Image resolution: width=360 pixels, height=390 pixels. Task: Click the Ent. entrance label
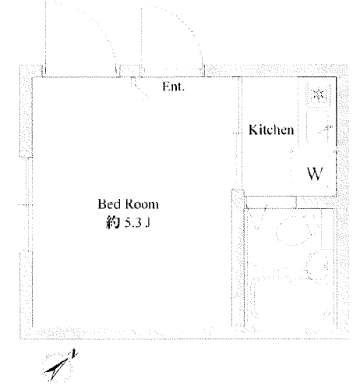(173, 87)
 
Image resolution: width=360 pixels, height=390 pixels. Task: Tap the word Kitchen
(271, 129)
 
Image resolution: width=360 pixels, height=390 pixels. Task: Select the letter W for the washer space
(315, 174)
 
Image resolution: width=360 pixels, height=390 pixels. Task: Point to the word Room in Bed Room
(142, 204)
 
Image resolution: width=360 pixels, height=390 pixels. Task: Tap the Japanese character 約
(113, 223)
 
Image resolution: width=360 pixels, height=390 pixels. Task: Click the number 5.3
(133, 223)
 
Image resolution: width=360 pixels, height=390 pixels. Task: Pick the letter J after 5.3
(147, 223)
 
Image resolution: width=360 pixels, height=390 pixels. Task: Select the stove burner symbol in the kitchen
(318, 94)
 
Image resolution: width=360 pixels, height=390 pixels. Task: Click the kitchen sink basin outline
(317, 127)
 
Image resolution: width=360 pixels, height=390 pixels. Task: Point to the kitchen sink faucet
(325, 129)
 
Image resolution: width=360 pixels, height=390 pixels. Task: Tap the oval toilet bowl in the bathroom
(295, 230)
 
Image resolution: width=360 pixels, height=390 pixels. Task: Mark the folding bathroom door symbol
(257, 218)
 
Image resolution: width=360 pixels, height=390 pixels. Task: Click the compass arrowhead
(56, 369)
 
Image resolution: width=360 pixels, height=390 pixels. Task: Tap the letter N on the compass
(75, 353)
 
